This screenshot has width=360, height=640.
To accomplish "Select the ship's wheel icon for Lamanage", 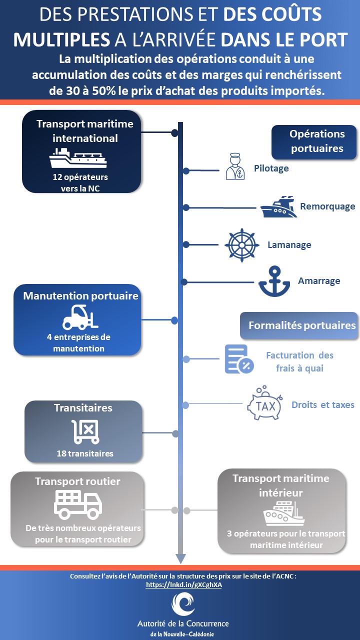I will (x=242, y=245).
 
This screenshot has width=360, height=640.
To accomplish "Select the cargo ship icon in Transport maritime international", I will (x=78, y=158).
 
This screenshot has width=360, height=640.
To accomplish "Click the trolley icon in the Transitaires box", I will (x=85, y=430).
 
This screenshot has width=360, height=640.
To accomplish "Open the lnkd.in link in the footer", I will (x=183, y=584).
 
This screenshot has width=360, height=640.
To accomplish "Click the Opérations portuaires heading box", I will (x=314, y=141).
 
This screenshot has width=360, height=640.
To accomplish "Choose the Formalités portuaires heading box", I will (x=301, y=325).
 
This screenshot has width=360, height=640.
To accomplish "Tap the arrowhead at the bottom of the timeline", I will (x=180, y=559).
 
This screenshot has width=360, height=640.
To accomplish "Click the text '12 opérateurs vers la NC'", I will (x=80, y=182).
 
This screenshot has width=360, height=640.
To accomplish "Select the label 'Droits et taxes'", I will (x=322, y=404).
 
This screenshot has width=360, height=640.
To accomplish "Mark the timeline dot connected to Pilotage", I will (x=186, y=171).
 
